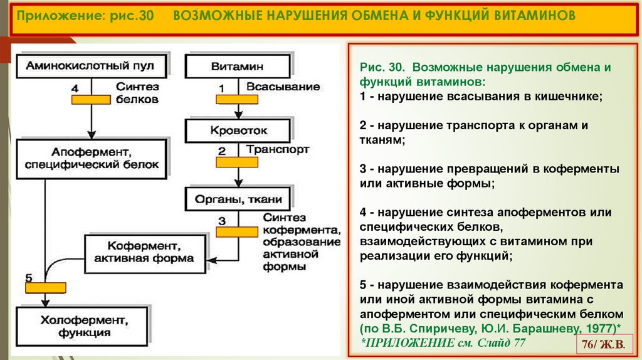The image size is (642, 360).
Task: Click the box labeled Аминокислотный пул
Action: (x=92, y=65)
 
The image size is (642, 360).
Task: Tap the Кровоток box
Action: (x=237, y=131)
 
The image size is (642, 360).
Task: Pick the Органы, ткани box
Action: (x=238, y=200)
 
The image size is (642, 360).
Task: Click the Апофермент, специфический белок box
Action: (x=92, y=158)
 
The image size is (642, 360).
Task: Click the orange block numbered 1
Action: (x=238, y=98)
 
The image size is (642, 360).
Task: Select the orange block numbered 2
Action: (x=237, y=162)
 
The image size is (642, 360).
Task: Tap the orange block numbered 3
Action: (x=237, y=231)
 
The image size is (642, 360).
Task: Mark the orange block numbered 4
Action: (x=92, y=99)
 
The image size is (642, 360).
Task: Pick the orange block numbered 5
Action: (x=45, y=288)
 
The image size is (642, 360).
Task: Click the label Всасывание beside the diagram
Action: (x=283, y=87)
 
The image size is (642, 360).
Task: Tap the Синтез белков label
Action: (x=137, y=93)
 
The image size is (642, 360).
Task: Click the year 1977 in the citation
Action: (x=600, y=328)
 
